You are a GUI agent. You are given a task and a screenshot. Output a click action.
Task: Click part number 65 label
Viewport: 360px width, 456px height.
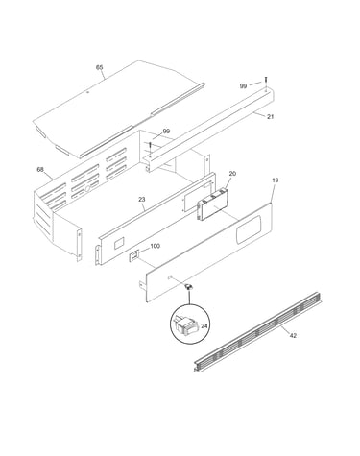point(100,67)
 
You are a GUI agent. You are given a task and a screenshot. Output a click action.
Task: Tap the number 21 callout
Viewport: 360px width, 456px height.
point(271,117)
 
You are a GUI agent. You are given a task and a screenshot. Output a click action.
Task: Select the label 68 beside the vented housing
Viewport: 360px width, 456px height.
point(40,170)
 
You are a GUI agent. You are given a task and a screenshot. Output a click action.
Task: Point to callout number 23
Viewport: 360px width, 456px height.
point(142,199)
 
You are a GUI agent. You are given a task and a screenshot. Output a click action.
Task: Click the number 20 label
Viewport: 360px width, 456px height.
point(232,174)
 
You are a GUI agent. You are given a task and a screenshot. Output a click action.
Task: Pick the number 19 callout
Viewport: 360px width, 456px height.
point(276,180)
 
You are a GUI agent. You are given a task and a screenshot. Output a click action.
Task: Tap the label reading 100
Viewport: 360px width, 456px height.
point(155,246)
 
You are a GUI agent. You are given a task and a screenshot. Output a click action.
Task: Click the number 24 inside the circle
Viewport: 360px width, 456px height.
point(204,326)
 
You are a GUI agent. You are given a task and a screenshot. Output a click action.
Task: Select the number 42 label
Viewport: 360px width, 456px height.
point(293,335)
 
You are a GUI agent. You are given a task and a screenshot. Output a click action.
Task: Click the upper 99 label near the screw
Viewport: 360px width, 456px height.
point(244,86)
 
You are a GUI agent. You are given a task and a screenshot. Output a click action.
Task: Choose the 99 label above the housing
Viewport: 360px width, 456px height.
point(166,131)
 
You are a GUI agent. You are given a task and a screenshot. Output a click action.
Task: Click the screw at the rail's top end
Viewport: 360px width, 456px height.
point(266,81)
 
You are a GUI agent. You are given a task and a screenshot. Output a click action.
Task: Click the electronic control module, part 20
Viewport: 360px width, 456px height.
point(212,204)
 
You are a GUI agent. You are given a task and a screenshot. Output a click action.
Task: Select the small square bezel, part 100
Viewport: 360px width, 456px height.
point(133,255)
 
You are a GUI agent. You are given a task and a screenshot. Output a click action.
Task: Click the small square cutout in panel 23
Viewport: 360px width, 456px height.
point(119,243)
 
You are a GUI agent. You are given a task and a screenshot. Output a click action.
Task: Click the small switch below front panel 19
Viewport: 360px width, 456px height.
point(189,286)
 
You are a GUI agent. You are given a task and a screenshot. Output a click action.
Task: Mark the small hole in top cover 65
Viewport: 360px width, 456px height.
point(88,92)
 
